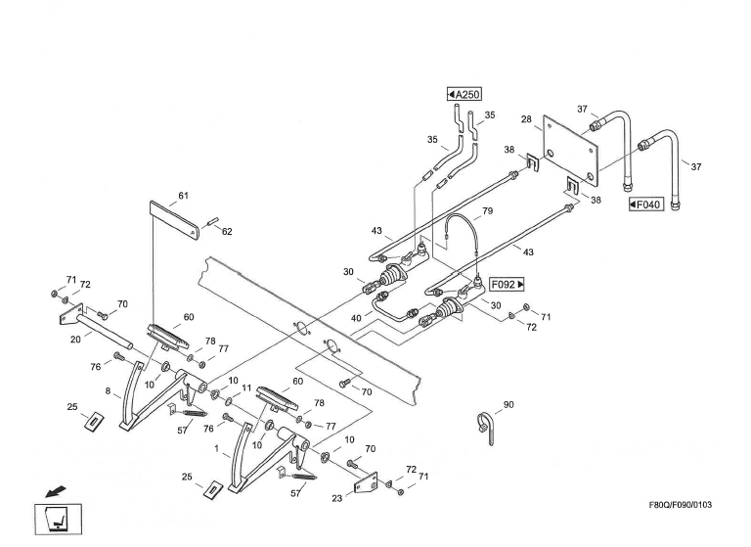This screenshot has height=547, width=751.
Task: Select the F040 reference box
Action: [x=646, y=205]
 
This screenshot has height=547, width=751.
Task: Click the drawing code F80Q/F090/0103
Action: [x=674, y=505]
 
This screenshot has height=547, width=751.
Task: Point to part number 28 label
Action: [x=526, y=119]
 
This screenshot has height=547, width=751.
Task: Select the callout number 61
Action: [x=184, y=196]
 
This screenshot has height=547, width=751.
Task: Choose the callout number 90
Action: [x=508, y=404]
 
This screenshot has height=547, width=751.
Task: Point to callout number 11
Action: [x=246, y=389]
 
